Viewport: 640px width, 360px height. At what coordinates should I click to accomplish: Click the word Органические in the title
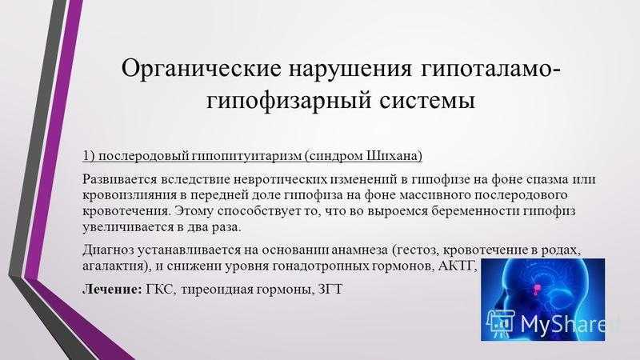click(x=202, y=69)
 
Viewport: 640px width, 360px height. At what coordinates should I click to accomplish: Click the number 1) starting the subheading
click(x=89, y=156)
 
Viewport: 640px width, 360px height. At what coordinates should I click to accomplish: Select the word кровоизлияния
click(x=129, y=195)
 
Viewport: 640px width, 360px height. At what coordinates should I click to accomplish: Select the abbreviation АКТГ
click(x=455, y=266)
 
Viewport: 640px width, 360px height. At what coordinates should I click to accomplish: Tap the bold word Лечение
click(x=112, y=290)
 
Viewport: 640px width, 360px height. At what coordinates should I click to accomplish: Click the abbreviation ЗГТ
click(x=330, y=290)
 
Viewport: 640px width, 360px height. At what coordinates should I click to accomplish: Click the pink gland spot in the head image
click(x=536, y=290)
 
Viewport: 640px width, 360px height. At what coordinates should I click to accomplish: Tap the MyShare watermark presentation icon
click(x=501, y=322)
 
